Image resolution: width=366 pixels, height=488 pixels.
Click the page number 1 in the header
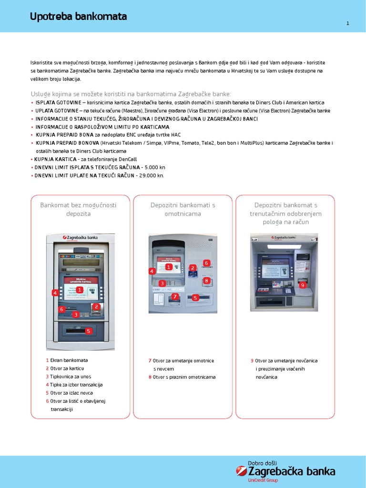[x=347, y=23]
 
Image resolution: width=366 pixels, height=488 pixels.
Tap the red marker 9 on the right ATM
[x=302, y=285]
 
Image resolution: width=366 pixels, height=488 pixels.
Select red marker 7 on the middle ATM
[x=175, y=296]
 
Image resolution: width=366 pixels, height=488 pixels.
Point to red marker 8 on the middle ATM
[x=206, y=281]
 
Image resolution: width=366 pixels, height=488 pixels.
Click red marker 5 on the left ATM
[x=88, y=331]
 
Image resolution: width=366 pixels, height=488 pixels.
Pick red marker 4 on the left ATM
[x=55, y=293]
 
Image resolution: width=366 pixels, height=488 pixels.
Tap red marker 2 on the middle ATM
[x=193, y=268]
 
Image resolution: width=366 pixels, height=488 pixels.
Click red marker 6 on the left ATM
[x=61, y=309]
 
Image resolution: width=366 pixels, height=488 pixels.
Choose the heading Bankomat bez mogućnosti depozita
[x=78, y=209]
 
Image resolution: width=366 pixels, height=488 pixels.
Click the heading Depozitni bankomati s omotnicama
[x=183, y=209]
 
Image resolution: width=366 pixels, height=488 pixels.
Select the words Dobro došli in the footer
[x=263, y=463]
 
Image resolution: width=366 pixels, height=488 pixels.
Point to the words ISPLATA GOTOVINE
[x=54, y=102]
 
